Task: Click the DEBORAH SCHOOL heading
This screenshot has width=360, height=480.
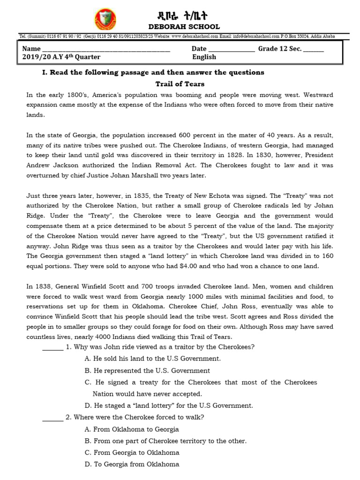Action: tap(184, 27)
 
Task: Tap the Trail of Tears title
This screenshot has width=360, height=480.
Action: tap(180, 84)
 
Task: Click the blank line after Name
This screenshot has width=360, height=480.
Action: tap(106, 49)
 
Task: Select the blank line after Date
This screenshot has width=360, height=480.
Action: tap(232, 49)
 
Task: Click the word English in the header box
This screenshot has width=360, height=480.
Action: tap(204, 57)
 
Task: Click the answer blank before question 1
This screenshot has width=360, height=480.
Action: tap(52, 347)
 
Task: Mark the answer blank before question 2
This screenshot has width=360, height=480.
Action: tap(52, 418)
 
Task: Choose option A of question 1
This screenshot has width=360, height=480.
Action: tap(152, 359)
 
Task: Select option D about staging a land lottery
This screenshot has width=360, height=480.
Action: tap(168, 405)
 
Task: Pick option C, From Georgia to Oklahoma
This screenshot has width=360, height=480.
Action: tap(132, 453)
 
